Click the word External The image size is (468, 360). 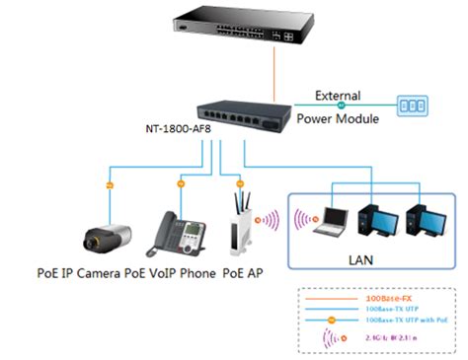click(x=338, y=95)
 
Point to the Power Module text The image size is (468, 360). click(x=337, y=116)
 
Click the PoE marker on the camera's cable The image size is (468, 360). click(x=110, y=184)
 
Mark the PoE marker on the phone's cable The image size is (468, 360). click(x=180, y=183)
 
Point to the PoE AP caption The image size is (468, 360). click(x=243, y=272)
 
